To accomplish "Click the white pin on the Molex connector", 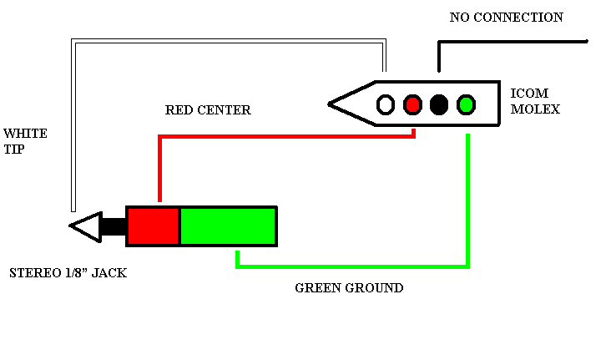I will tap(386, 104).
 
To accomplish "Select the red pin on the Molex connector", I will tap(412, 104).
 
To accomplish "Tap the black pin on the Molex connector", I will tap(439, 104).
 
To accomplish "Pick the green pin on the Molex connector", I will tap(466, 104).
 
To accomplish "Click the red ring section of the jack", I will tap(153, 226).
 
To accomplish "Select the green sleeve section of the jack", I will tap(228, 226).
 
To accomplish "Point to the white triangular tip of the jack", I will tap(84, 226).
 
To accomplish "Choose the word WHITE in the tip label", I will tap(25, 134).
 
